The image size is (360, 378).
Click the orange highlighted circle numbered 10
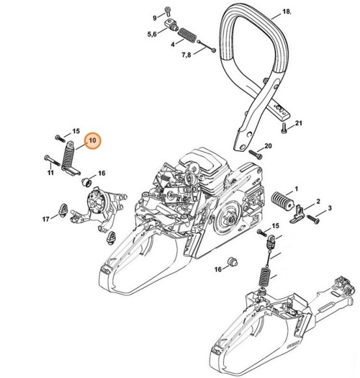(93, 141)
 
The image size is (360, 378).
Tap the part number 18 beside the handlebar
(286, 11)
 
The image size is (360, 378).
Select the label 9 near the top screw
(155, 18)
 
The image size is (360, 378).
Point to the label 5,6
(152, 35)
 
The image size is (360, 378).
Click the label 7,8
(186, 55)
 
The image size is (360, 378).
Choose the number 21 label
(299, 123)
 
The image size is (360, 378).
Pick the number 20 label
(268, 146)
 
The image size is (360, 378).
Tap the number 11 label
(50, 173)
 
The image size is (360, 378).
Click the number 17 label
(46, 219)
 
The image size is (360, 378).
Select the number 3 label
(329, 208)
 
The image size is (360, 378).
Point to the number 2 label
(318, 201)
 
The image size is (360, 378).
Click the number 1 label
(296, 189)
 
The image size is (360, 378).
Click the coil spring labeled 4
(187, 35)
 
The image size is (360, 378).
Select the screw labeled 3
(313, 219)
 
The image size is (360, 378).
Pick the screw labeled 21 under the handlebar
(283, 128)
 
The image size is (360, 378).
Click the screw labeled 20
(256, 154)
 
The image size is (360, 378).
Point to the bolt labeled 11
(52, 161)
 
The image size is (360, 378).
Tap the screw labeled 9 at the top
(167, 11)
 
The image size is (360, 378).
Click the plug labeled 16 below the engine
(232, 262)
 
